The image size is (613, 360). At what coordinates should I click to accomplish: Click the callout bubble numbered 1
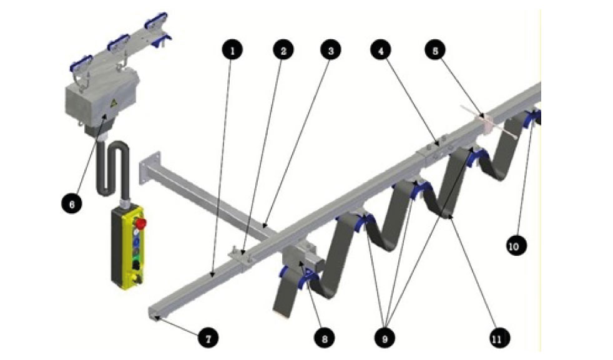point(232,50)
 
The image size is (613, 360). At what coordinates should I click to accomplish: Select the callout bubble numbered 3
point(330,50)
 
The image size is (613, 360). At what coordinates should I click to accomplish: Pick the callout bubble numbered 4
point(381,50)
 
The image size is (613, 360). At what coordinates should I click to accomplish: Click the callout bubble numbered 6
point(72,203)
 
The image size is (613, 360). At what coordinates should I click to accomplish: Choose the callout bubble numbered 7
point(208,338)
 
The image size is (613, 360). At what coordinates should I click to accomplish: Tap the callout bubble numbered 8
point(325,338)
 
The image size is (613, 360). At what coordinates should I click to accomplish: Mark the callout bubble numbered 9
point(385,338)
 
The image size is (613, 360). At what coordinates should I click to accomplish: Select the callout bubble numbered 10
point(516,245)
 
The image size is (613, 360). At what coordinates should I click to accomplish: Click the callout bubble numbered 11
point(496,338)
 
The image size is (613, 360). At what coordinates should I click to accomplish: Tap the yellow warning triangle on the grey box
point(114,104)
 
